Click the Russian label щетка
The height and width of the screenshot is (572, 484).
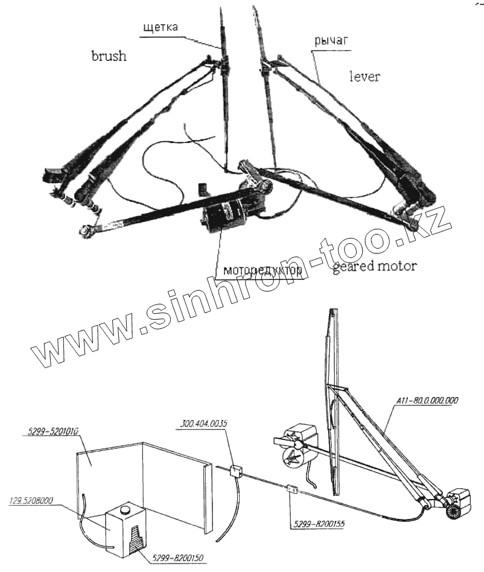[x=161, y=27]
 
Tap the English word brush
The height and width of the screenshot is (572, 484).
[x=109, y=56]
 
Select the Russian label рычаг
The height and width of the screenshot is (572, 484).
[x=332, y=40]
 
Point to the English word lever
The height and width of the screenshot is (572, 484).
[x=365, y=76]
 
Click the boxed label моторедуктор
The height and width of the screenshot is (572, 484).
[x=263, y=270]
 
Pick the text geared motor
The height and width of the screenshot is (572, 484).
[x=374, y=266]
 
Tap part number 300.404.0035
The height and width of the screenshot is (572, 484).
[x=203, y=424]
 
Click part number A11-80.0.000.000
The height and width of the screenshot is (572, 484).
[x=427, y=399]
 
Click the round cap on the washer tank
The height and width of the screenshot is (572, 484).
[x=126, y=510]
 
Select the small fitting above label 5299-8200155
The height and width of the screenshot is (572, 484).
[x=292, y=490]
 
